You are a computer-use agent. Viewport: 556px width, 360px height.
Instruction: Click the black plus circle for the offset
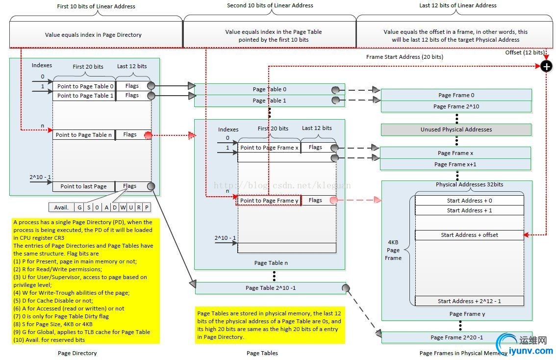pyautogui.click(x=546, y=66)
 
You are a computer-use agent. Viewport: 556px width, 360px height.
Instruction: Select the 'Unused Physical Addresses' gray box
pyautogui.click(x=456, y=129)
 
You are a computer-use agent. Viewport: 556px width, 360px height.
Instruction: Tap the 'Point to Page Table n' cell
pyautogui.click(x=84, y=134)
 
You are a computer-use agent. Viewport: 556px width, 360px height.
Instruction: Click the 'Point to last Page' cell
pyautogui.click(x=84, y=186)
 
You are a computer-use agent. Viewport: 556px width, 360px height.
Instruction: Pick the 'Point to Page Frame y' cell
pyautogui.click(x=269, y=200)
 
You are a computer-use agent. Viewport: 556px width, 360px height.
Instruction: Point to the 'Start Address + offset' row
pyautogui.click(x=469, y=235)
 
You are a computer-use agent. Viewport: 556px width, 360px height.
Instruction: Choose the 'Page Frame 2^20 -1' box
pyautogui.click(x=456, y=337)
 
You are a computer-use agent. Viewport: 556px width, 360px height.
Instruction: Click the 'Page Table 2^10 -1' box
pyautogui.click(x=270, y=288)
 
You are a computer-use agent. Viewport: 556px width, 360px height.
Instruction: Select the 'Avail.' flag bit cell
pyautogui.click(x=61, y=207)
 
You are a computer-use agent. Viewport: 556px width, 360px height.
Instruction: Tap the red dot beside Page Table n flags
pyautogui.click(x=148, y=134)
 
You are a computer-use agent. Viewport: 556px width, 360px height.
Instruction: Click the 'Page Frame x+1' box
pyautogui.click(x=456, y=164)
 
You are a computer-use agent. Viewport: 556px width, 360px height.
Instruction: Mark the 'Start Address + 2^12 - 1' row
pyautogui.click(x=469, y=301)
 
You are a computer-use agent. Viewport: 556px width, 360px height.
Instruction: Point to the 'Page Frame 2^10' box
pyautogui.click(x=456, y=106)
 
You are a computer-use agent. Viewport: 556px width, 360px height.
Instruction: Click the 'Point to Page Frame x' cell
pyautogui.click(x=269, y=148)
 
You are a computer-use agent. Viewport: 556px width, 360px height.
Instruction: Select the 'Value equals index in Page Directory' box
pyautogui.click(x=93, y=35)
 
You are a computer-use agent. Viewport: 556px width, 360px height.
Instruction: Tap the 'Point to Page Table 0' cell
pyautogui.click(x=85, y=86)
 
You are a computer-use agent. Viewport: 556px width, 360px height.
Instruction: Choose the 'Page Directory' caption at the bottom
pyautogui.click(x=77, y=353)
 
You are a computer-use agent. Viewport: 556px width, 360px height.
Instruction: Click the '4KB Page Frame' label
pyautogui.click(x=393, y=250)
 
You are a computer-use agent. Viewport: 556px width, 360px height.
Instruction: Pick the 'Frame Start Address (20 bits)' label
pyautogui.click(x=404, y=57)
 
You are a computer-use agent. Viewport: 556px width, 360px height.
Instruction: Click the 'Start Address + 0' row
pyautogui.click(x=469, y=201)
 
